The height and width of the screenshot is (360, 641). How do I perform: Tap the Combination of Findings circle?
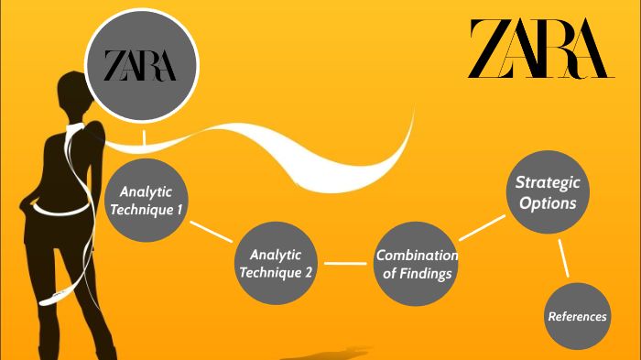coord(417,264)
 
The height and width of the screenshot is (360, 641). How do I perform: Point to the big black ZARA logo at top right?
coord(538,49)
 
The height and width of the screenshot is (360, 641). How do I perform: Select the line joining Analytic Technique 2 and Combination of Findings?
coord(345,264)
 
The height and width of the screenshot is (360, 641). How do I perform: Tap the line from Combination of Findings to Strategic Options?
coord(483,229)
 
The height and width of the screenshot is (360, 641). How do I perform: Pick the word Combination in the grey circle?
coord(417,256)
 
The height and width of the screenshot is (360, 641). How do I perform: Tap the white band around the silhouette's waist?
coord(64,207)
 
